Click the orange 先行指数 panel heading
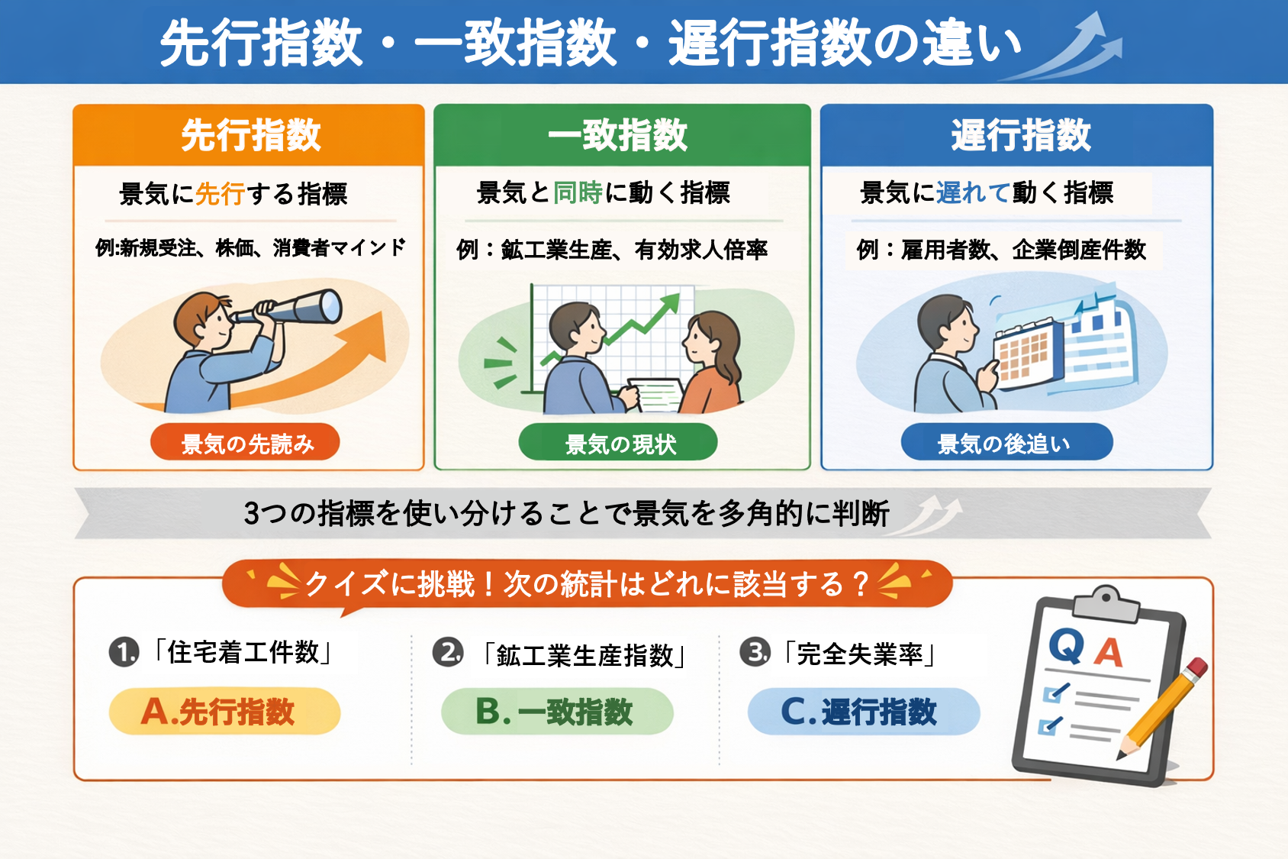[251, 135]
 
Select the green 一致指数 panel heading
[617, 135]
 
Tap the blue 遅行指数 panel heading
[1021, 135]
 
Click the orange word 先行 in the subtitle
[221, 193]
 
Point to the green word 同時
[578, 192]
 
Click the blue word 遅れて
[973, 192]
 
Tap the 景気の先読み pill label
[246, 442]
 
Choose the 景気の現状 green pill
[618, 442]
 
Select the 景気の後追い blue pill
[1007, 442]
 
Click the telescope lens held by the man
[330, 305]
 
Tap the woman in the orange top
[711, 363]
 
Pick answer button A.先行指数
[225, 711]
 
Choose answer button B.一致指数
[557, 711]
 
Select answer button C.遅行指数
[864, 711]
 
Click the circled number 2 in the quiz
[448, 652]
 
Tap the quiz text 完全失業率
[860, 654]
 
